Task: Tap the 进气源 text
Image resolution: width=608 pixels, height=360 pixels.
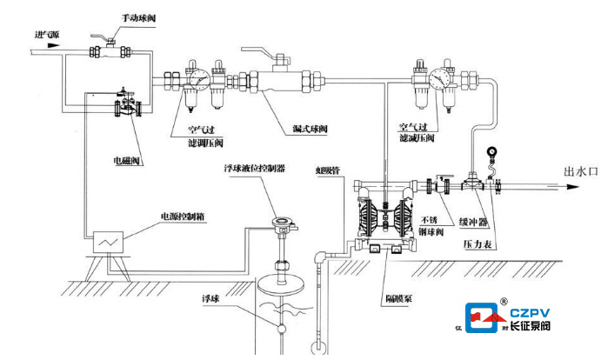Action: (45, 35)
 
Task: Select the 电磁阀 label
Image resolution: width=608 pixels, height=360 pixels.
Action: (128, 161)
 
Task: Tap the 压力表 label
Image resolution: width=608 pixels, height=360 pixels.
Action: (477, 245)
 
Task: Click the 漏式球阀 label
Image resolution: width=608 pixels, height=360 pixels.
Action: (310, 130)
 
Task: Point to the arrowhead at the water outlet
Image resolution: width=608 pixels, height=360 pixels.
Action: (557, 185)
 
